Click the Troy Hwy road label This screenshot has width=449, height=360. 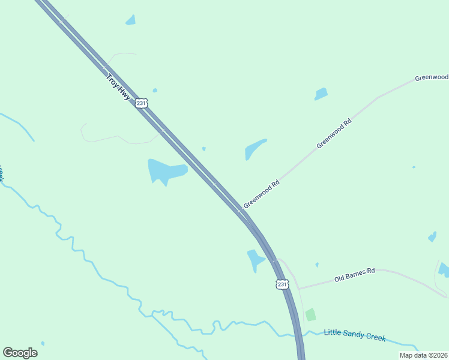point(118,87)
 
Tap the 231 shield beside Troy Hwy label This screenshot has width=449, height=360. point(140,103)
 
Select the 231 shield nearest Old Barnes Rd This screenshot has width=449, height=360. point(282,284)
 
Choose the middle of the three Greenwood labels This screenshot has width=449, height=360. point(334,133)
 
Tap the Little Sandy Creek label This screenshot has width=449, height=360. point(355,335)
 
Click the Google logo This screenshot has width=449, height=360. point(20,352)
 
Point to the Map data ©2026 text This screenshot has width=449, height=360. point(423,355)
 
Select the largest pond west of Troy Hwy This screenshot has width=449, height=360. point(165,172)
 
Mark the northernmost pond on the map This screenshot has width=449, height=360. point(130,20)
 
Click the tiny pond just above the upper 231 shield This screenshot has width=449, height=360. point(155,91)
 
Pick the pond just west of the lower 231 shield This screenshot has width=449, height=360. point(256,260)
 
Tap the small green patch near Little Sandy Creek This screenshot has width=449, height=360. point(310,314)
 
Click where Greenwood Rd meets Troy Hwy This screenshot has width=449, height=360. point(240,210)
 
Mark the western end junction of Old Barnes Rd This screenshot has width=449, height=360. point(299,289)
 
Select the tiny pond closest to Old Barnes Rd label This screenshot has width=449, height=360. point(317,265)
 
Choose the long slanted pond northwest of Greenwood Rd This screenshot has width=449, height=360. point(255,149)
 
